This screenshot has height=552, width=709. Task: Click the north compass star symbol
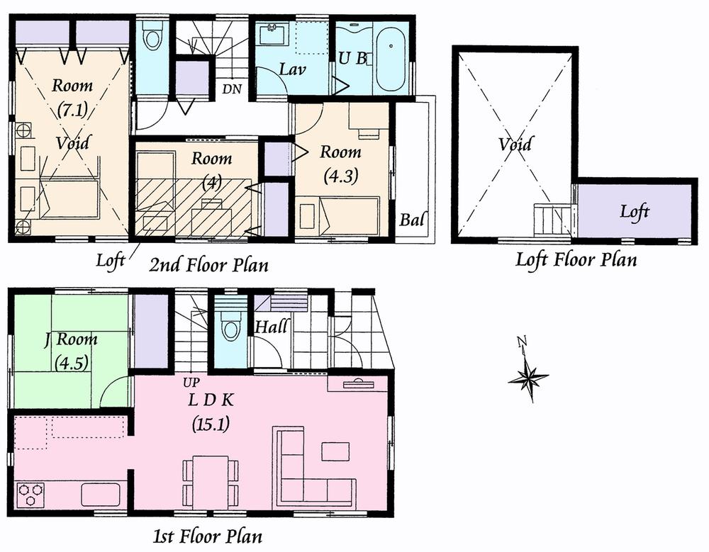527,377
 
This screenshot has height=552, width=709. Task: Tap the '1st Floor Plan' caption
208,535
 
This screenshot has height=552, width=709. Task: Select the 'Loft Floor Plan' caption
575,260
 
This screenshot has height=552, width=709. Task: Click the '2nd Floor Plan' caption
208,266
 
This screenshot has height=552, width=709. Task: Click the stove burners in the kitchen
30,492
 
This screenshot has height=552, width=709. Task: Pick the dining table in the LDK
210,479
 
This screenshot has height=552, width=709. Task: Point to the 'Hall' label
271,327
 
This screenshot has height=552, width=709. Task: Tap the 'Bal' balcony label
412,220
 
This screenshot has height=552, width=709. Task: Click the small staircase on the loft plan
552,219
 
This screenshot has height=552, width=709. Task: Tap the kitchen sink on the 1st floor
100,493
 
